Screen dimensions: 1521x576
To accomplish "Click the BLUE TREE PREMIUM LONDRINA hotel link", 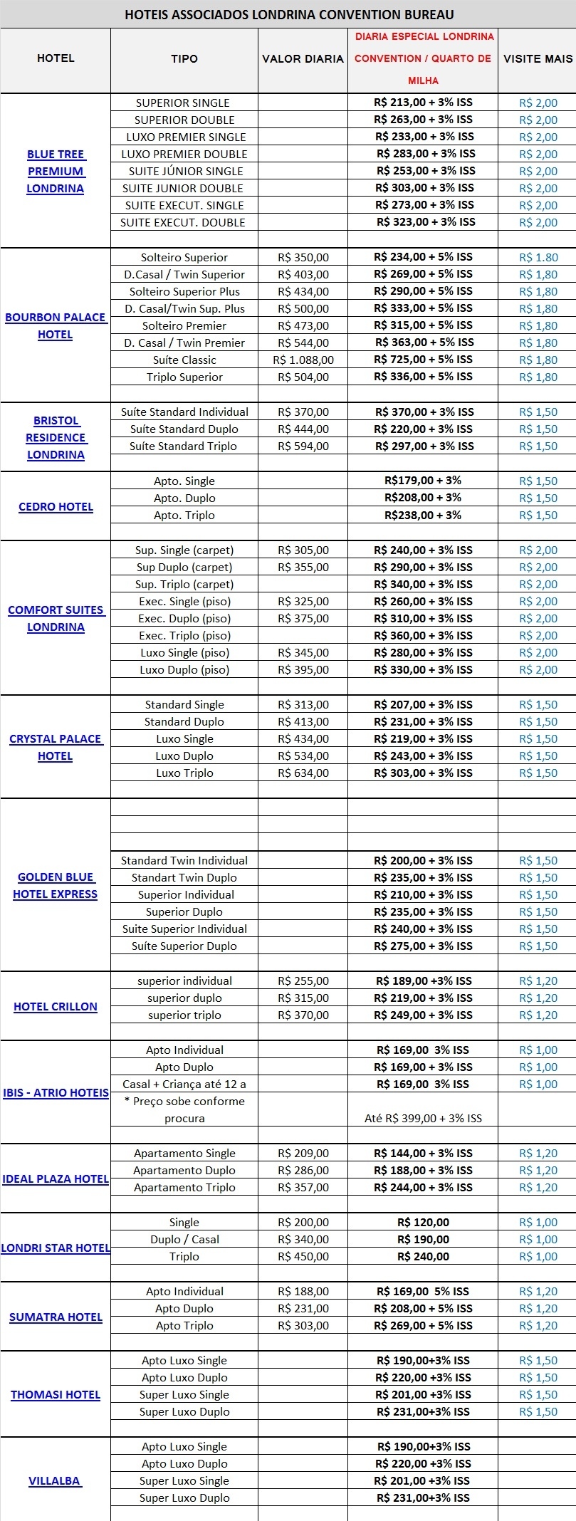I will pyautogui.click(x=56, y=172).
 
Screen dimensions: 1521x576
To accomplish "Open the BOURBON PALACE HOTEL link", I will pyautogui.click(x=56, y=326).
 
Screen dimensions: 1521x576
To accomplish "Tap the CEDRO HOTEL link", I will pyautogui.click(x=56, y=507).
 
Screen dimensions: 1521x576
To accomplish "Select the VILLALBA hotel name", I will pyautogui.click(x=55, y=1480).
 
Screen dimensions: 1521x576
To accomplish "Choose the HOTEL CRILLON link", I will pyautogui.click(x=56, y=1006).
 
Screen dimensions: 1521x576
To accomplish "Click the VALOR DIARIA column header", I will pyautogui.click(x=303, y=59).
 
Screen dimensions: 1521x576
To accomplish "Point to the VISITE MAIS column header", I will pyautogui.click(x=538, y=59).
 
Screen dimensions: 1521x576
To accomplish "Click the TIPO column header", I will pyautogui.click(x=184, y=59).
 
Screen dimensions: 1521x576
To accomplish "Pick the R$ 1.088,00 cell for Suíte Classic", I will pyautogui.click(x=303, y=360).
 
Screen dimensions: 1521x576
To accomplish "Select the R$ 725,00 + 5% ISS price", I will pyautogui.click(x=423, y=360).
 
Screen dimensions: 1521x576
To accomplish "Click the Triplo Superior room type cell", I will pyautogui.click(x=184, y=377).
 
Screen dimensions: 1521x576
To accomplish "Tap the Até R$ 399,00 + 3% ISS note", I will pyautogui.click(x=423, y=1118).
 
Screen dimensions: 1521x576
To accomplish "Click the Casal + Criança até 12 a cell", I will pyautogui.click(x=184, y=1084).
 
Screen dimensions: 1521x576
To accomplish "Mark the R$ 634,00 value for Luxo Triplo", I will pyautogui.click(x=303, y=773).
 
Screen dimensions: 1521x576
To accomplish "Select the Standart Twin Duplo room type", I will pyautogui.click(x=184, y=878).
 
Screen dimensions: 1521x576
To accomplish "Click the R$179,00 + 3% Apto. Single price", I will pyautogui.click(x=423, y=481).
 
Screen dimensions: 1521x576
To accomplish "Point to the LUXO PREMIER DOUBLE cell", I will pyautogui.click(x=184, y=154).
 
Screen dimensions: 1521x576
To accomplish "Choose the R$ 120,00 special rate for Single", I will pyautogui.click(x=423, y=1222).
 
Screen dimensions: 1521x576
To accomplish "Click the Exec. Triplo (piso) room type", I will pyautogui.click(x=184, y=636).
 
